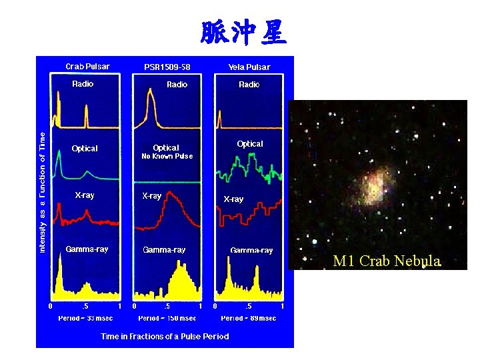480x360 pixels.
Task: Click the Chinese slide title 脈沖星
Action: [x=243, y=31]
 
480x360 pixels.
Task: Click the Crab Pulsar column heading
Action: [x=87, y=66]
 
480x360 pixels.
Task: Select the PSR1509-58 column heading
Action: [x=167, y=67]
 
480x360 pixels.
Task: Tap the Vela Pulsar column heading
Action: [x=249, y=67]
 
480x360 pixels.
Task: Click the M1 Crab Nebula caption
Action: [x=387, y=261]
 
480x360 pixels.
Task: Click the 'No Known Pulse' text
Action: [x=167, y=157]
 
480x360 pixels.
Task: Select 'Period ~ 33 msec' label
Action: [x=85, y=318]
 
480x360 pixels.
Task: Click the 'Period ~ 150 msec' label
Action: [x=167, y=318]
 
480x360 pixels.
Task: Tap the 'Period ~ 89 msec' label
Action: [x=249, y=318]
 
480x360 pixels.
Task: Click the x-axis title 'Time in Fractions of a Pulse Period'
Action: [x=165, y=336]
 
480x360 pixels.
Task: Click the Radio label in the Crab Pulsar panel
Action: [x=83, y=84]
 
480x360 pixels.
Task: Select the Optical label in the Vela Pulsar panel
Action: [x=250, y=144]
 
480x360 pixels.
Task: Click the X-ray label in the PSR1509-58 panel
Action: [x=152, y=196]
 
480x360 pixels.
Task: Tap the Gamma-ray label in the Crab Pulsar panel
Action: [x=87, y=249]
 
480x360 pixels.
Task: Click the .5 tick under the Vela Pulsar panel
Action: [x=249, y=306]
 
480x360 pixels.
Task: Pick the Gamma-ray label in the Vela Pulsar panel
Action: [x=251, y=251]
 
